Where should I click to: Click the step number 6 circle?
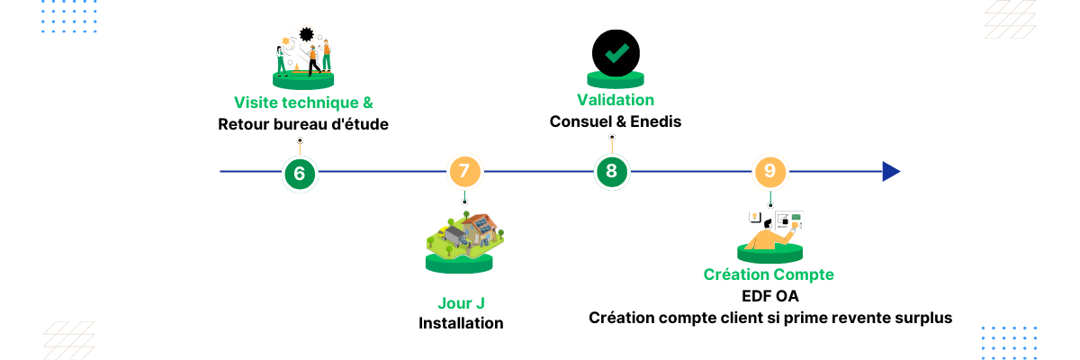[300, 172]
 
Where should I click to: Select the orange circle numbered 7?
[464, 172]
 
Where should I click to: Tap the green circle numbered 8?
[612, 172]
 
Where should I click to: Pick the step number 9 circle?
[769, 172]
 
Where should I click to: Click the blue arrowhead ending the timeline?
[891, 172]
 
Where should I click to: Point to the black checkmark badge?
[616, 54]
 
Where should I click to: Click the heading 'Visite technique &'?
[303, 103]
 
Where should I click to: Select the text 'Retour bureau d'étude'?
[303, 124]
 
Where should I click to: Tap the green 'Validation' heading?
[616, 100]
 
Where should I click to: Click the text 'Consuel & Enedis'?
[616, 121]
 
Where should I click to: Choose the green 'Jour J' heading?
[461, 302]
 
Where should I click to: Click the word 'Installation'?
[461, 323]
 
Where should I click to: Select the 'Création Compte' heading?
[769, 274]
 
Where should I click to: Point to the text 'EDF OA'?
[769, 296]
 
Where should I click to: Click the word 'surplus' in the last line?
[920, 318]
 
